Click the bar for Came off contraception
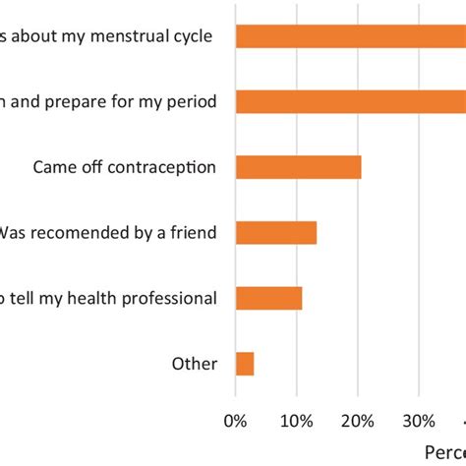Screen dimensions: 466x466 point(299,167)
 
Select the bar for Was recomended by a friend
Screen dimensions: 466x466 point(276,233)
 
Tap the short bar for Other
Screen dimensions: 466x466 point(245,365)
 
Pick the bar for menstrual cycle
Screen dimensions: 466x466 point(350,36)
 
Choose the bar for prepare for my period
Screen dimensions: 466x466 point(350,101)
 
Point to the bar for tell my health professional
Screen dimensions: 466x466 point(269,299)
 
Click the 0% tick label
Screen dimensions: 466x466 point(236,421)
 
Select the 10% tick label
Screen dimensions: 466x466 point(297,421)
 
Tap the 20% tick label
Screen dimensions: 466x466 point(358,421)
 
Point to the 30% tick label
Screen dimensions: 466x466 point(419,421)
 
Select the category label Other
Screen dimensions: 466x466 point(195,365)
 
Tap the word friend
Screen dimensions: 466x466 point(193,233)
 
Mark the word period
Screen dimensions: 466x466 point(193,102)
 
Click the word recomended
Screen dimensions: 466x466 point(90,233)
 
